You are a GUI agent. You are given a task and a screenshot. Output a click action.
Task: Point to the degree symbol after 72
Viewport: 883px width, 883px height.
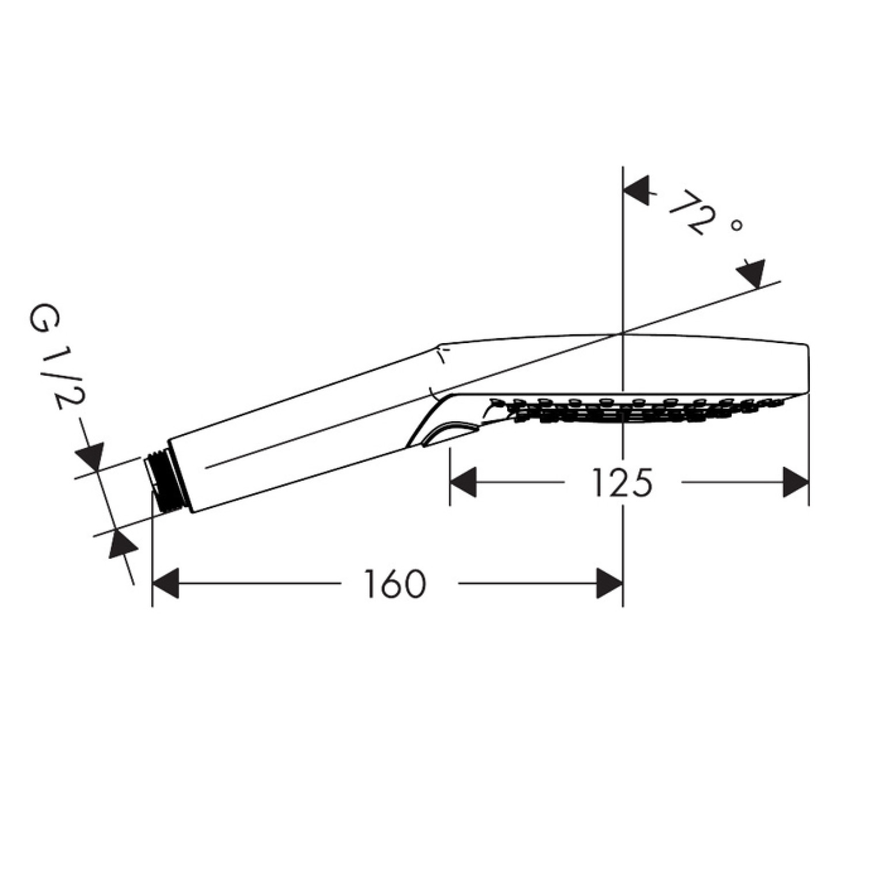(736, 227)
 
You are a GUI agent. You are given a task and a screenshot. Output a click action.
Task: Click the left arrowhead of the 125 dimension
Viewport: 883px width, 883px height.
(463, 482)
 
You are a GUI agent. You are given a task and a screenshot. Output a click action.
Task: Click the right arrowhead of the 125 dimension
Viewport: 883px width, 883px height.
(796, 482)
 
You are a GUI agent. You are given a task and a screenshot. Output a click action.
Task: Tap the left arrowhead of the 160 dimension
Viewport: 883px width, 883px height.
(166, 584)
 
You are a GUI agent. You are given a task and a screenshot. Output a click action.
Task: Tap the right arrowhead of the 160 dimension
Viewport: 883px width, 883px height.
(609, 584)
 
